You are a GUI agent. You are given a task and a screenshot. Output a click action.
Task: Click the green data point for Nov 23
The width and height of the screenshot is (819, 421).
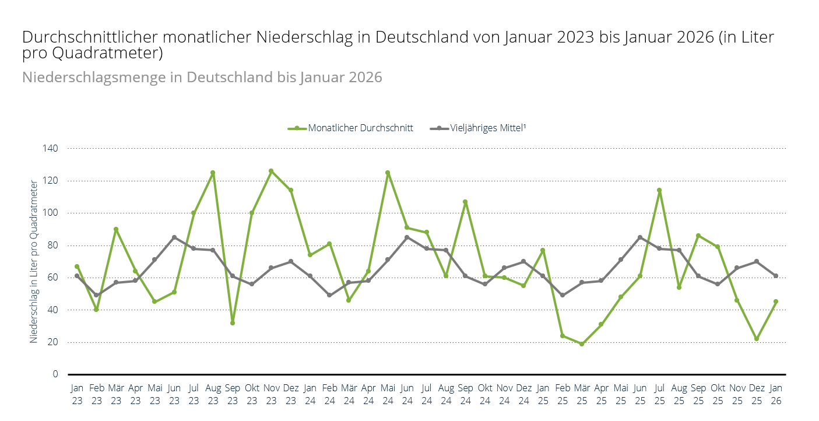[x=271, y=171]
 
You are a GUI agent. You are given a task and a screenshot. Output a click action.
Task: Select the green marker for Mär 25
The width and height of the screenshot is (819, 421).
[x=582, y=344]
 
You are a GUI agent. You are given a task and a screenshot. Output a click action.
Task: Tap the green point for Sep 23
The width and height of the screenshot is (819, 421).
[x=233, y=322]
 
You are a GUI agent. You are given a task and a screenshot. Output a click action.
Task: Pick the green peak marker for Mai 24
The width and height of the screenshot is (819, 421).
[x=388, y=173]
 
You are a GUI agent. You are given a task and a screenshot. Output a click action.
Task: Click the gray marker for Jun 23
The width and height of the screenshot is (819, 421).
[x=174, y=237]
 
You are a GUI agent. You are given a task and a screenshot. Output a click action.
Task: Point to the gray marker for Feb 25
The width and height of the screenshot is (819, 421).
[x=563, y=295]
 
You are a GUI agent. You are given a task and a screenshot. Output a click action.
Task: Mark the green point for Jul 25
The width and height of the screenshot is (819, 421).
[x=659, y=190]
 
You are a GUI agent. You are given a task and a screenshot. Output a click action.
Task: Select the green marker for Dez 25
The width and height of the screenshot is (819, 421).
[x=757, y=339]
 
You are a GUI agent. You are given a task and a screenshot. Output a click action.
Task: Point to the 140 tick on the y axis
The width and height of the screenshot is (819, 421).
[x=51, y=149]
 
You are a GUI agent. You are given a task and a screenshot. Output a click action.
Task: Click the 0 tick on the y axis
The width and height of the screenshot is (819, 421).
[x=55, y=374]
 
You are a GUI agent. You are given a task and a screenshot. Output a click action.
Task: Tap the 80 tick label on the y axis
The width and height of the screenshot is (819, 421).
[x=53, y=245]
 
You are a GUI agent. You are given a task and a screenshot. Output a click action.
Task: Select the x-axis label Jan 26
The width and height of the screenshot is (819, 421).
[x=776, y=394]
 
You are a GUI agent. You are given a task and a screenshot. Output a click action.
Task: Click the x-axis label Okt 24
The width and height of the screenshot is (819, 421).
[x=485, y=394]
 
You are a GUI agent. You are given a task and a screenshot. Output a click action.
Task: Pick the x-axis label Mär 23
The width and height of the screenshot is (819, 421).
[x=116, y=394]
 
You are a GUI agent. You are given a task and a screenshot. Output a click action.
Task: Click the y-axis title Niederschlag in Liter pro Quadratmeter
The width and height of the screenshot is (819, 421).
[x=34, y=261]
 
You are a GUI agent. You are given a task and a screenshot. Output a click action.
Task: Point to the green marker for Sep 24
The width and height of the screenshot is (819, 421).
[x=465, y=202]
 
